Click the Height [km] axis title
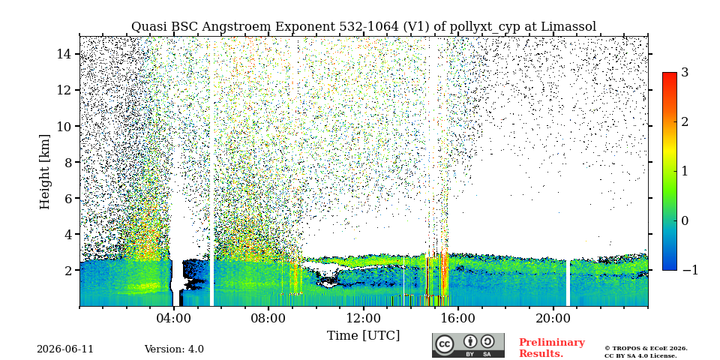click(x=44, y=172)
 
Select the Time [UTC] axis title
click(x=363, y=336)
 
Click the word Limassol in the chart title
click(x=568, y=27)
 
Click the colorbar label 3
click(x=685, y=73)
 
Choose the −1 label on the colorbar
click(x=690, y=270)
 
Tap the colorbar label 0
click(x=685, y=220)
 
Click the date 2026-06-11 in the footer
click(x=65, y=349)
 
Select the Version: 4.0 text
click(x=174, y=349)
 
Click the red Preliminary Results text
click(x=552, y=347)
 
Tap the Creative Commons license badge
click(x=468, y=345)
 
